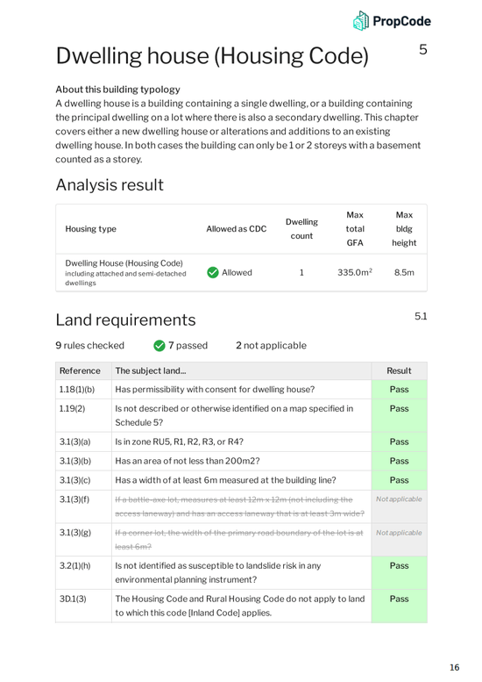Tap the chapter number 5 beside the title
(423, 50)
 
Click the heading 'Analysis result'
(109, 185)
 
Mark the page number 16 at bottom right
(454, 668)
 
